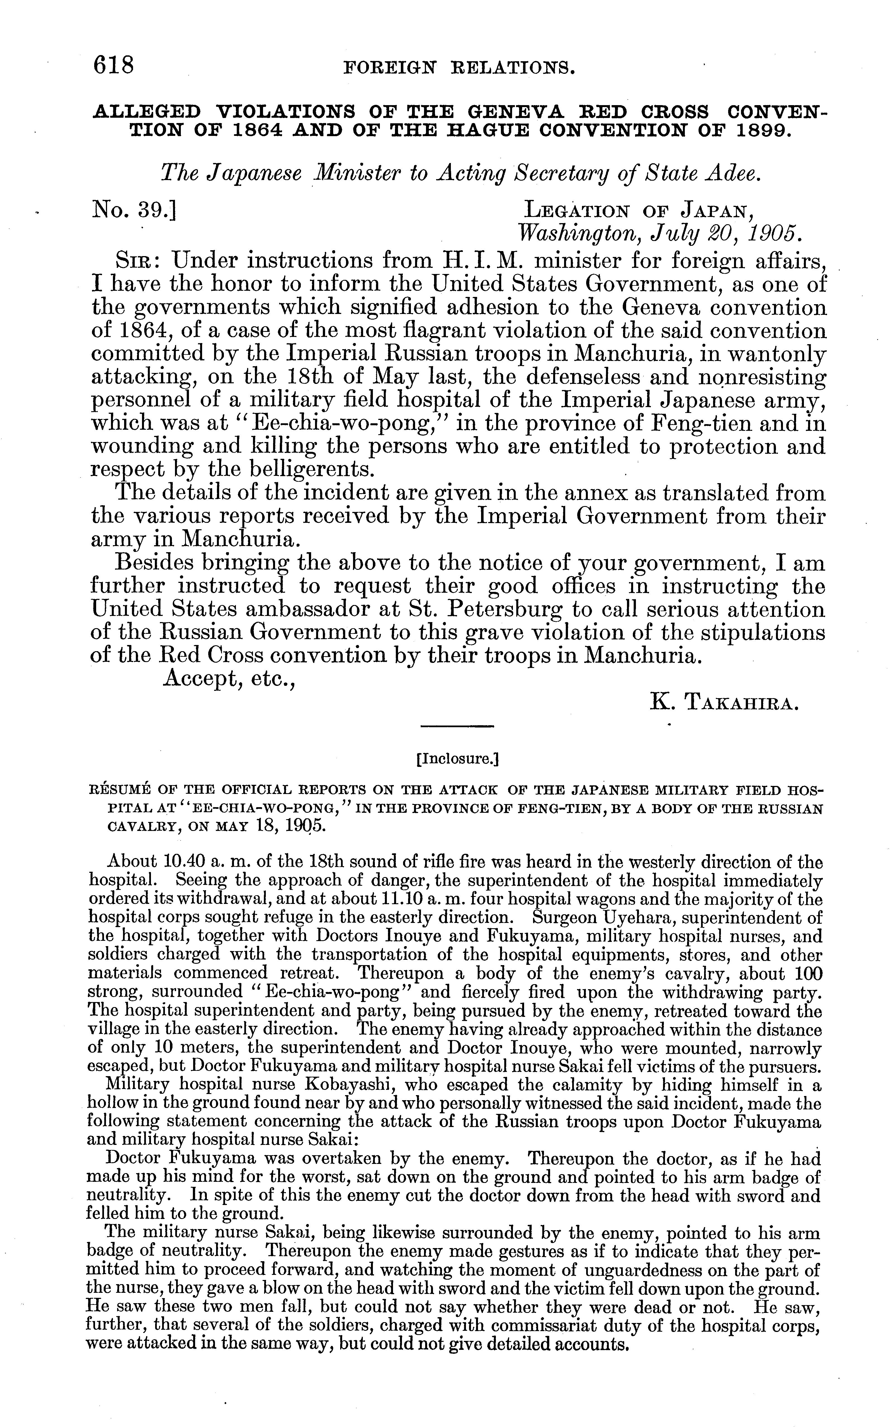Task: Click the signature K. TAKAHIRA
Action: click(723, 702)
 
